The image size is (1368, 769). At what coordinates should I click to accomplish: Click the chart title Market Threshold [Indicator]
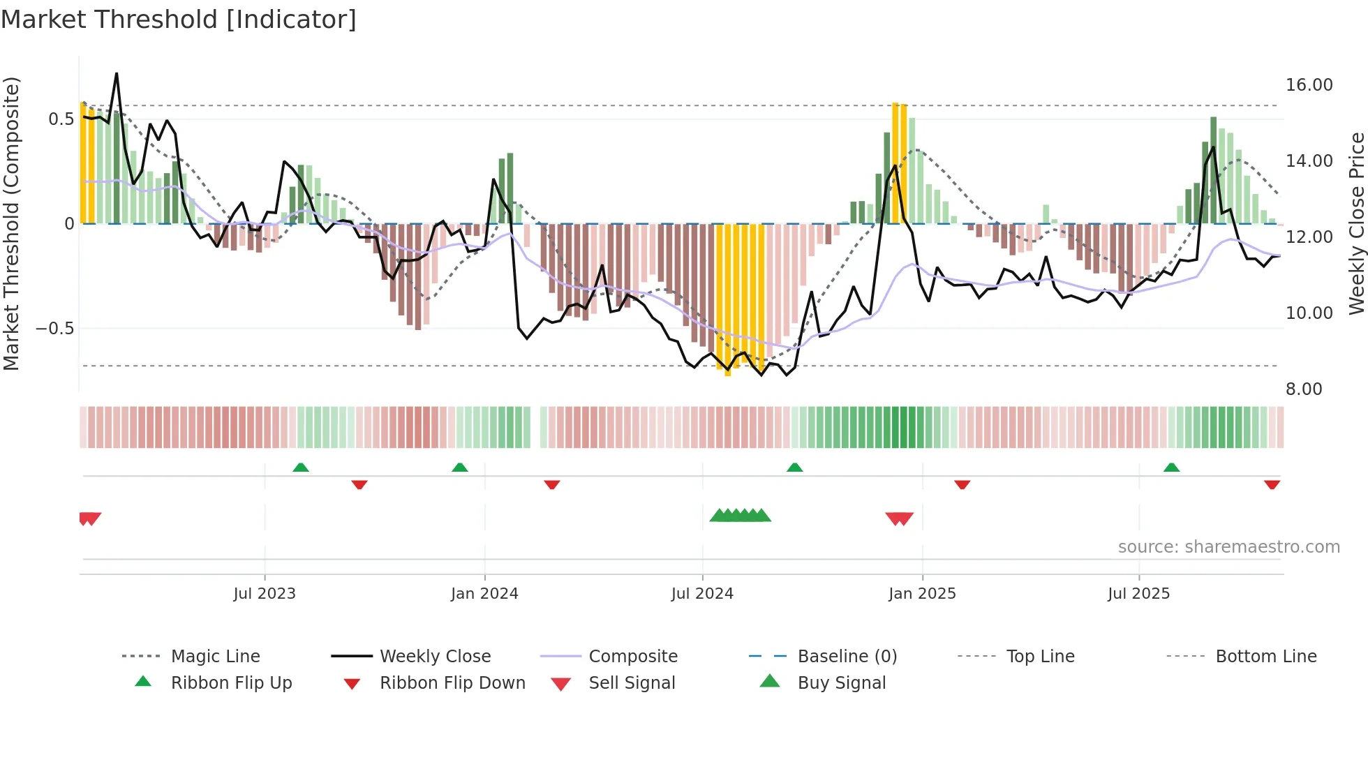coord(179,20)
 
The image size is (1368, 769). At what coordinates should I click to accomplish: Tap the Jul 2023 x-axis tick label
coord(265,594)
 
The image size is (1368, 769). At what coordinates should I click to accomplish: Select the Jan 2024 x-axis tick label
coord(484,594)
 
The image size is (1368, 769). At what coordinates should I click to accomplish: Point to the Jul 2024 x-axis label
coord(702,594)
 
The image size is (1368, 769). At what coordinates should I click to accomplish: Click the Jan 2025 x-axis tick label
coord(922,594)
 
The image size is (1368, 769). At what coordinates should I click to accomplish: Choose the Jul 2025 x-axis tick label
coord(1138,594)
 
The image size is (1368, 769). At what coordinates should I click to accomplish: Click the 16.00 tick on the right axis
coord(1309,85)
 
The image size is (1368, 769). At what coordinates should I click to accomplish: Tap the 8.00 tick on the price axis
coord(1304,389)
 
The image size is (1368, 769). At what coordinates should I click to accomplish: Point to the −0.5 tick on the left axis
coord(54,329)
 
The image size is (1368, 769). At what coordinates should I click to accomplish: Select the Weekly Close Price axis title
coord(1356,223)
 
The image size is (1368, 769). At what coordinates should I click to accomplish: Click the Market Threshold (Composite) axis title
coord(11,223)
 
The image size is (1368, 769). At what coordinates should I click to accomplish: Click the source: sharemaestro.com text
coord(1228,547)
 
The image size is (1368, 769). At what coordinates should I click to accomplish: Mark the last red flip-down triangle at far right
coord(1272,484)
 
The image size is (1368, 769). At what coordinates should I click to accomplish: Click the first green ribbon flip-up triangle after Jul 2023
coord(301,468)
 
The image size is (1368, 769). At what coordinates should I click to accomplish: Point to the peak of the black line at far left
coord(117,73)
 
